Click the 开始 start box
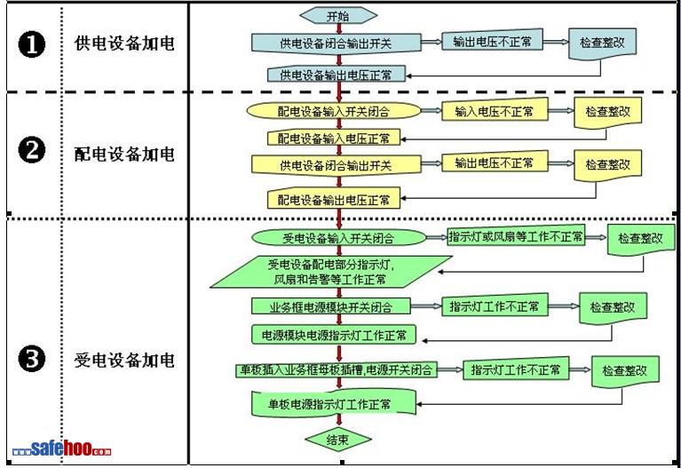338,15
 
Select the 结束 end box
337,439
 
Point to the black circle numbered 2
32,152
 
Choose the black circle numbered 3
32,360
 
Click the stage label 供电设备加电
124,44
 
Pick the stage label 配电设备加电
124,153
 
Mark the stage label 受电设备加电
124,361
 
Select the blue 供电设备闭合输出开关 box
336,43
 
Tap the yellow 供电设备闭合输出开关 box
335,165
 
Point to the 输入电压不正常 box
495,112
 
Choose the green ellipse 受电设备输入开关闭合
337,238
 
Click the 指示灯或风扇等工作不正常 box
516,237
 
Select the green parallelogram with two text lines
329,272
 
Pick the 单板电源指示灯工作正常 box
329,403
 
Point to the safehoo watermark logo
62,450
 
